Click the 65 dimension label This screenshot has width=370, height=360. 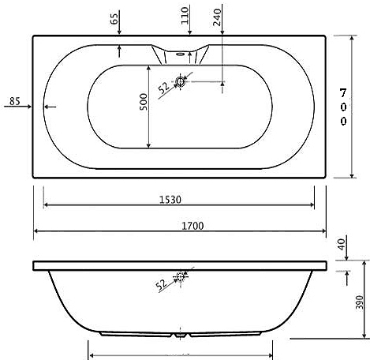[x=117, y=17]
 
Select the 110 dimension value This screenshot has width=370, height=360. [x=186, y=17]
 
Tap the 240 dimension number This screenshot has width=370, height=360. [x=218, y=16]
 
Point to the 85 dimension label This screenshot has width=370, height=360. [x=14, y=100]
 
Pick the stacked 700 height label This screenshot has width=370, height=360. [x=343, y=107]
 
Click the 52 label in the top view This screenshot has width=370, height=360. [x=165, y=88]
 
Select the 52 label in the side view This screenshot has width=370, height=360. [x=161, y=283]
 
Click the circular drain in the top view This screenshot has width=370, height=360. [x=181, y=81]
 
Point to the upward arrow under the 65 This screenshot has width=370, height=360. [x=118, y=49]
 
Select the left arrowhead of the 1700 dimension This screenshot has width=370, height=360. [x=36, y=233]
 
